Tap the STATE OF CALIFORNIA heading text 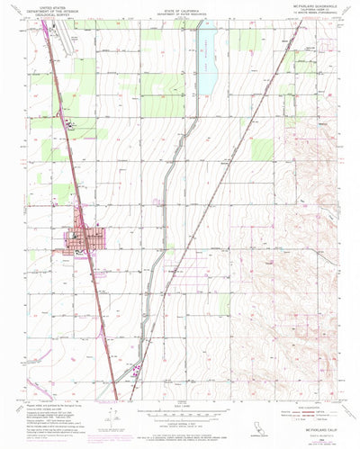pos(180,10)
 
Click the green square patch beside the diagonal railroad pos(262,148)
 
